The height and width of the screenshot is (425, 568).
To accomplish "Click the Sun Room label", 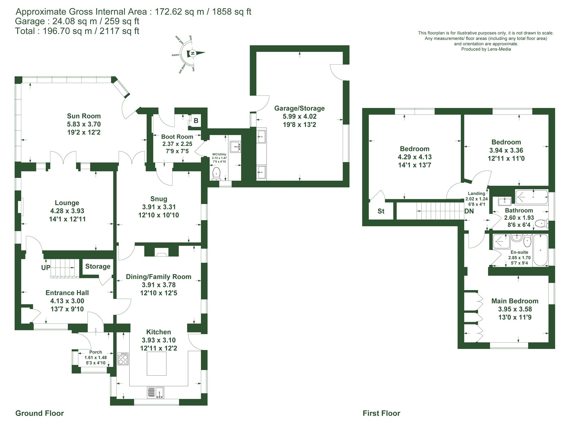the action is (x=83, y=116).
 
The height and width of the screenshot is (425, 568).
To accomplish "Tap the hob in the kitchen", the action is (x=123, y=359).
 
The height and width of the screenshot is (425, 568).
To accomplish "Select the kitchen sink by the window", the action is (x=155, y=392).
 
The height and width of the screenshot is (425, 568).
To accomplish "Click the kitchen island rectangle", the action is (x=157, y=364).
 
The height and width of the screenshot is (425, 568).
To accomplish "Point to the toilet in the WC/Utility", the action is (x=216, y=173).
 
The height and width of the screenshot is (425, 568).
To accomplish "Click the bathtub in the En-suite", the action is (x=541, y=250).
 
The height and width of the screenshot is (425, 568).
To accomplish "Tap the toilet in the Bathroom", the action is (x=542, y=223).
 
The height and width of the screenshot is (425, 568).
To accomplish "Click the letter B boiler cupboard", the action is (x=196, y=121).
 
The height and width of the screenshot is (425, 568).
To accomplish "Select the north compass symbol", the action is (x=192, y=53).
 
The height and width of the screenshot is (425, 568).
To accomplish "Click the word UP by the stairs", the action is (x=46, y=267).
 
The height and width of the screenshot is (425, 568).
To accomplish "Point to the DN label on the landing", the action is (x=469, y=211).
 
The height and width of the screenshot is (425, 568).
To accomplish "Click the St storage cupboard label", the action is (x=381, y=211).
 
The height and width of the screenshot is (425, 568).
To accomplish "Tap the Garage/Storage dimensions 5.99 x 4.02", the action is (x=299, y=116).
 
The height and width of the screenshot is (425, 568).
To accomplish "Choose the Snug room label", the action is (x=159, y=199).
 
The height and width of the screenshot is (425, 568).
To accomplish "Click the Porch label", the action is (x=95, y=352).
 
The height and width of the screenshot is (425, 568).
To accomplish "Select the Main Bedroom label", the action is (x=515, y=301).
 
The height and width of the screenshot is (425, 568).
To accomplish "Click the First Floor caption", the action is (x=381, y=413).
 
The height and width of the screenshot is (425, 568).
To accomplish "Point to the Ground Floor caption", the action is (x=40, y=413).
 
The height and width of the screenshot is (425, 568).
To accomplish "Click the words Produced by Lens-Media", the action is (x=486, y=49).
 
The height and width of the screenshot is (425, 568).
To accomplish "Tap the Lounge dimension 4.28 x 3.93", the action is (x=67, y=211).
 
